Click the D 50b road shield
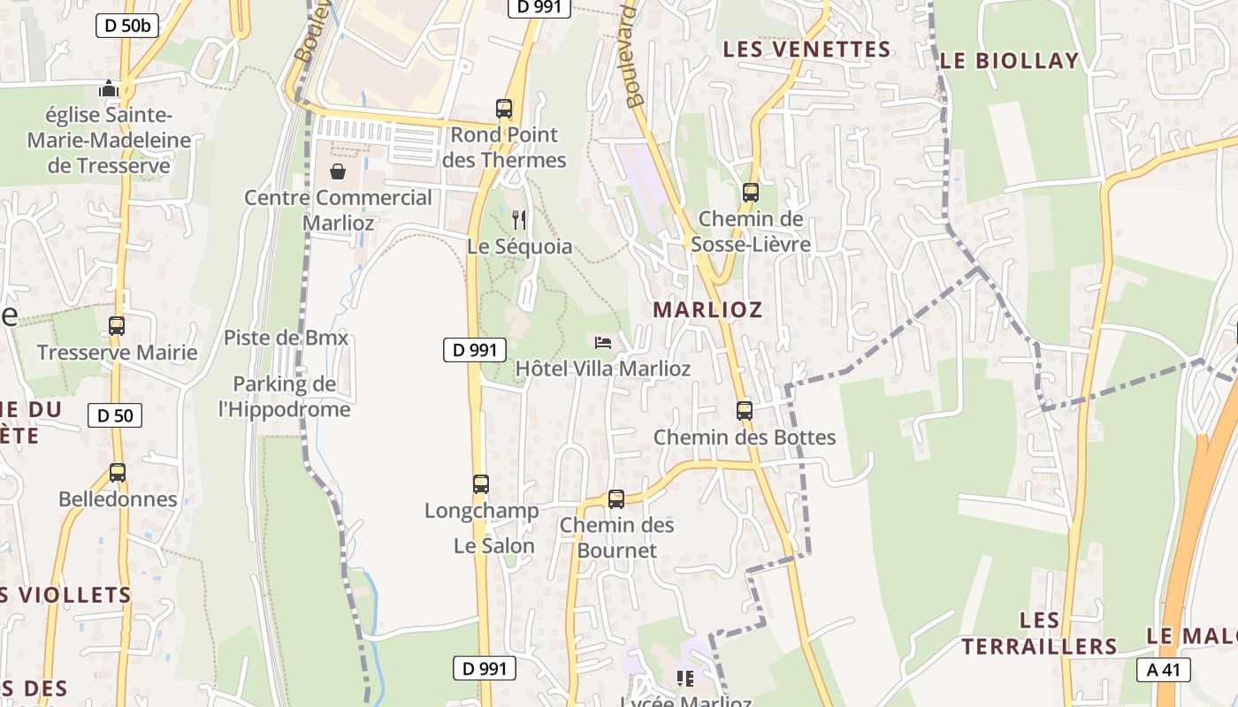(127, 26)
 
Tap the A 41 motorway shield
(1163, 670)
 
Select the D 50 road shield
(115, 414)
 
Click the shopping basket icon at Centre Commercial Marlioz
(338, 171)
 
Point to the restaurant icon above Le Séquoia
(519, 219)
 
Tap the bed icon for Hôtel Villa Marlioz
(603, 342)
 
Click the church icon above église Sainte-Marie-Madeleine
(109, 88)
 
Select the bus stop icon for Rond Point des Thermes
(504, 109)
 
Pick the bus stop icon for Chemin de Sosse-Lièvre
(751, 192)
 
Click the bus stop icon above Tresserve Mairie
(117, 325)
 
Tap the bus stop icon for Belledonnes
(118, 472)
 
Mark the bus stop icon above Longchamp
(481, 483)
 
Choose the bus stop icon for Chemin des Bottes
(745, 410)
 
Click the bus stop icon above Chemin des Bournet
(616, 498)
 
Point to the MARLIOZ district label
(707, 309)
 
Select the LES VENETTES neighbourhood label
(806, 49)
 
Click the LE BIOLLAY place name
(1009, 60)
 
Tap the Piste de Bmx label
(286, 338)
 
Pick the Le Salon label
(494, 546)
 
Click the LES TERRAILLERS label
(1040, 633)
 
